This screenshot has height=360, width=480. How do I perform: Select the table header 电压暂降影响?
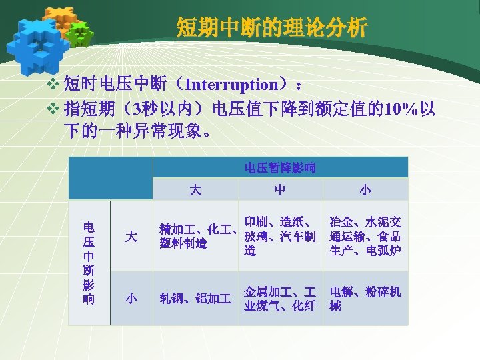tap(280, 167)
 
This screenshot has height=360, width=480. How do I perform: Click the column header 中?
tap(280, 190)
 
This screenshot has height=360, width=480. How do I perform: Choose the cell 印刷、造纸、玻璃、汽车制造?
tap(280, 236)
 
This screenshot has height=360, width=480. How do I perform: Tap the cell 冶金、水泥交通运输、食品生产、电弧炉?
tap(365, 236)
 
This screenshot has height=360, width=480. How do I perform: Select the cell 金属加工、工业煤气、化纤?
tap(280, 299)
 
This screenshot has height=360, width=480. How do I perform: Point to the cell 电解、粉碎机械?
tap(365, 299)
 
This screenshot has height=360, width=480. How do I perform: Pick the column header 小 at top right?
tap(365, 190)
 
